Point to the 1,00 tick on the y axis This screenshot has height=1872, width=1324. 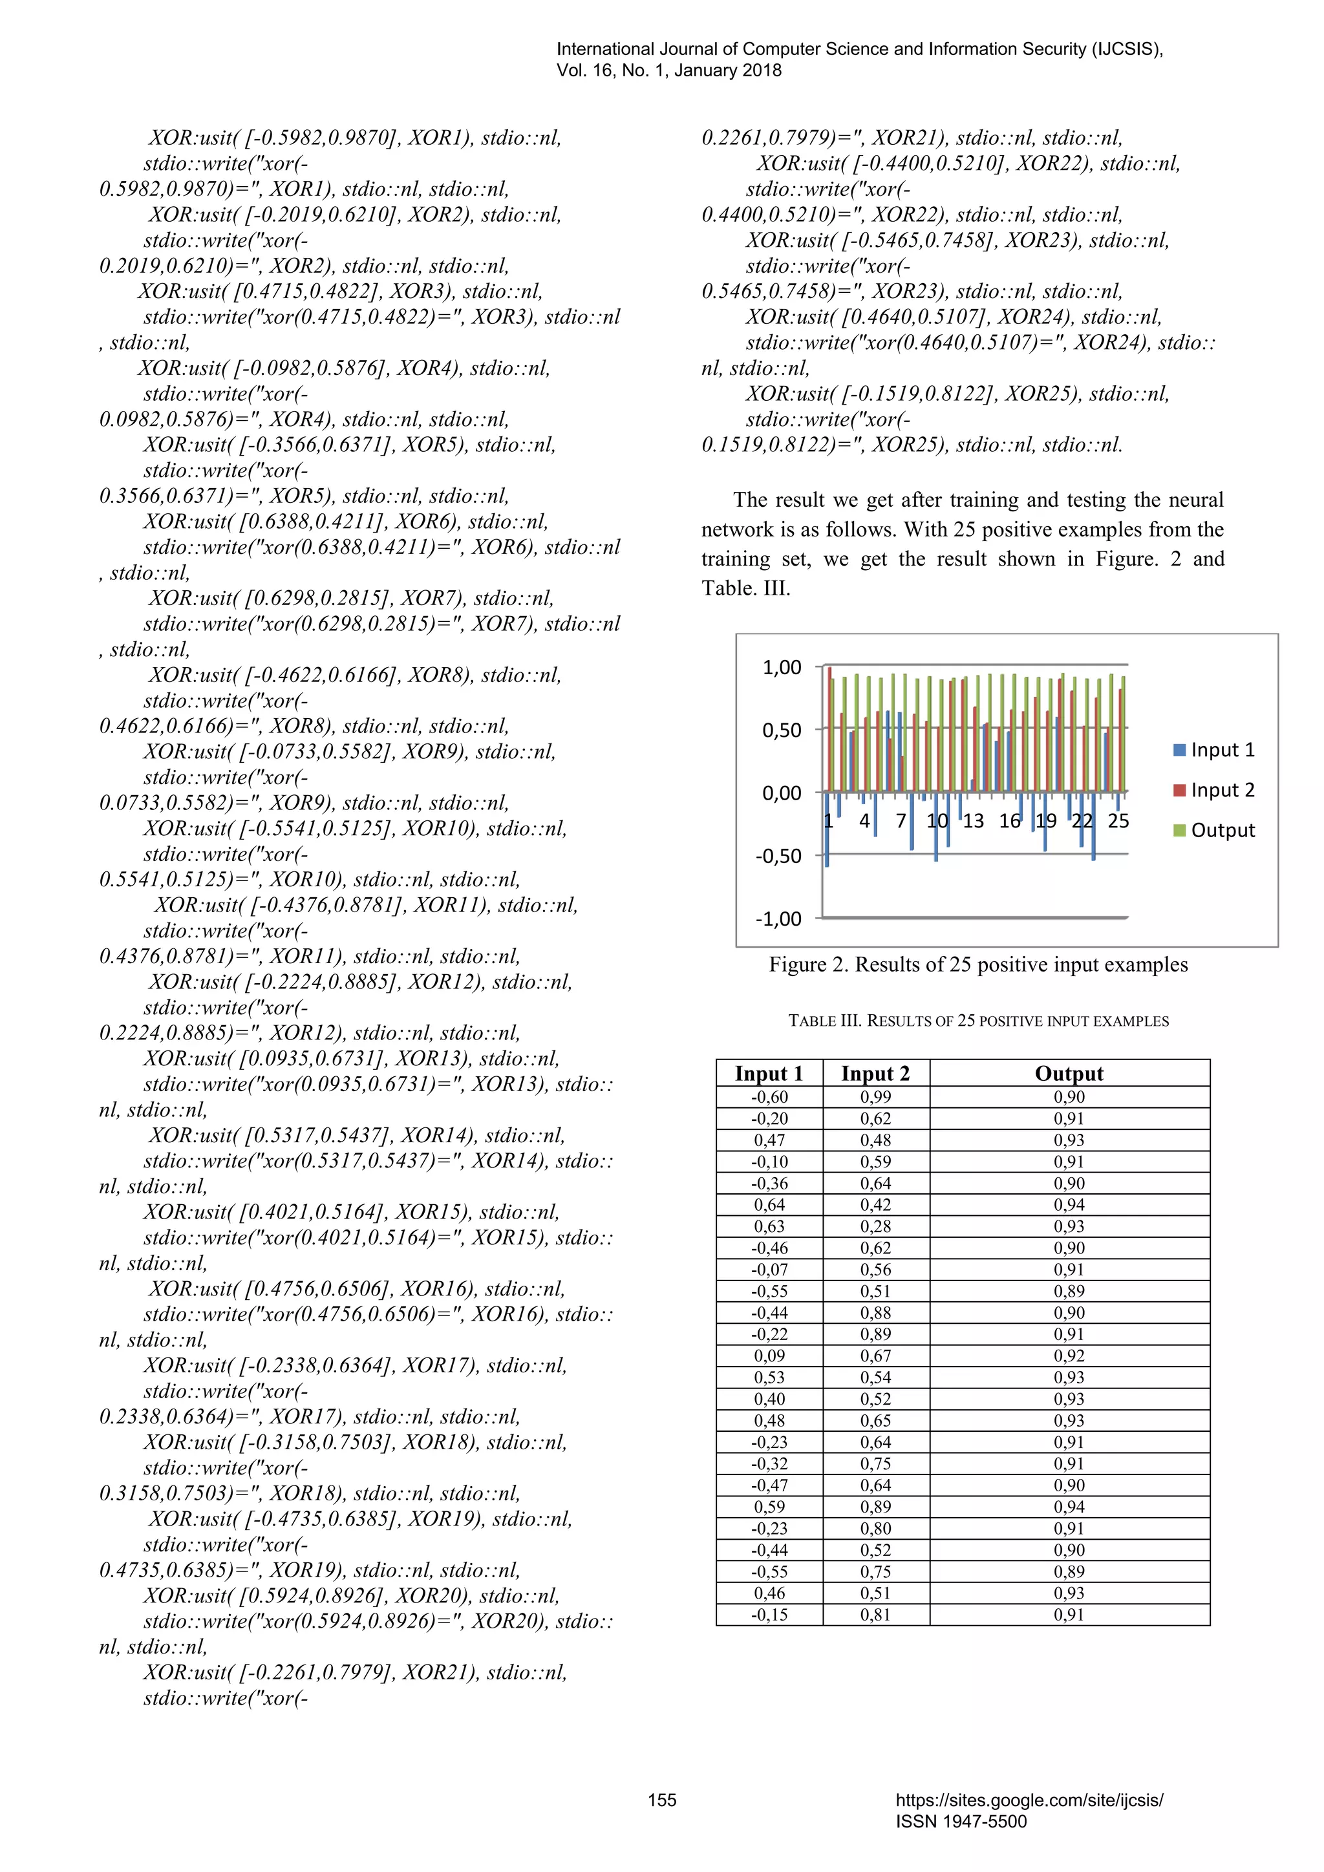point(781,668)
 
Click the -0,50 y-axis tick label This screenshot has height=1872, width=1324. point(778,856)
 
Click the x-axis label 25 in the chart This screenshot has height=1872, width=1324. point(1118,821)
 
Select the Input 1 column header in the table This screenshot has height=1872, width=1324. point(769,1074)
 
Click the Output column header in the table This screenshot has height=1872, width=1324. point(1069,1074)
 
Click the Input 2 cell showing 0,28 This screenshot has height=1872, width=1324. point(875,1226)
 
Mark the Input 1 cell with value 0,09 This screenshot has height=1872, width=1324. point(769,1356)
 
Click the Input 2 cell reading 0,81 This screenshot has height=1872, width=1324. point(875,1614)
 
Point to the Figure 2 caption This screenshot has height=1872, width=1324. point(977,965)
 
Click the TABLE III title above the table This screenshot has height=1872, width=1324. point(977,1021)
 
